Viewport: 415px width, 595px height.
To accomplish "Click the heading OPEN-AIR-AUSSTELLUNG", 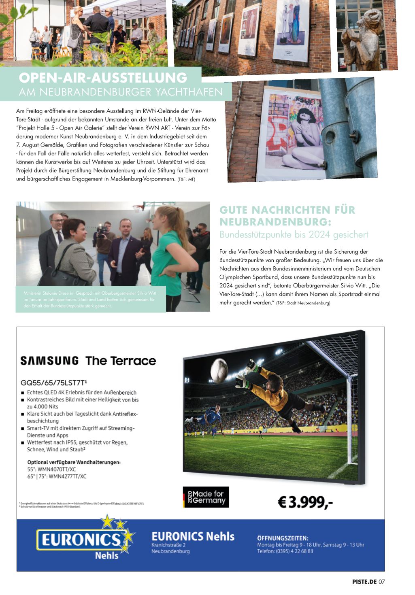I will coord(103,77).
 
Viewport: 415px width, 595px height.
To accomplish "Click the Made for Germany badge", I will coord(206,497).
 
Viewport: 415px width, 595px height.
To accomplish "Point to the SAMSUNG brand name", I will coord(49,361).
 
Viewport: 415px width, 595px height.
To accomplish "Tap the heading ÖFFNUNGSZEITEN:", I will coord(283,538).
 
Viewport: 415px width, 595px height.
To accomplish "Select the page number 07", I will coord(381,582).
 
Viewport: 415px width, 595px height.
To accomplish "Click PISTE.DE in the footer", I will coord(364,582).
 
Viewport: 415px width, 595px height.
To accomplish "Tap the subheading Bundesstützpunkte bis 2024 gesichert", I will coord(294,234).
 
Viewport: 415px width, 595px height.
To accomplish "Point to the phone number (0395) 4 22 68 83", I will coord(295,551).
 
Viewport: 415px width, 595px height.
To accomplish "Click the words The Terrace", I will coord(121,361).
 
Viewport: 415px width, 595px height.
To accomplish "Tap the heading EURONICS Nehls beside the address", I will coord(193,536).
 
